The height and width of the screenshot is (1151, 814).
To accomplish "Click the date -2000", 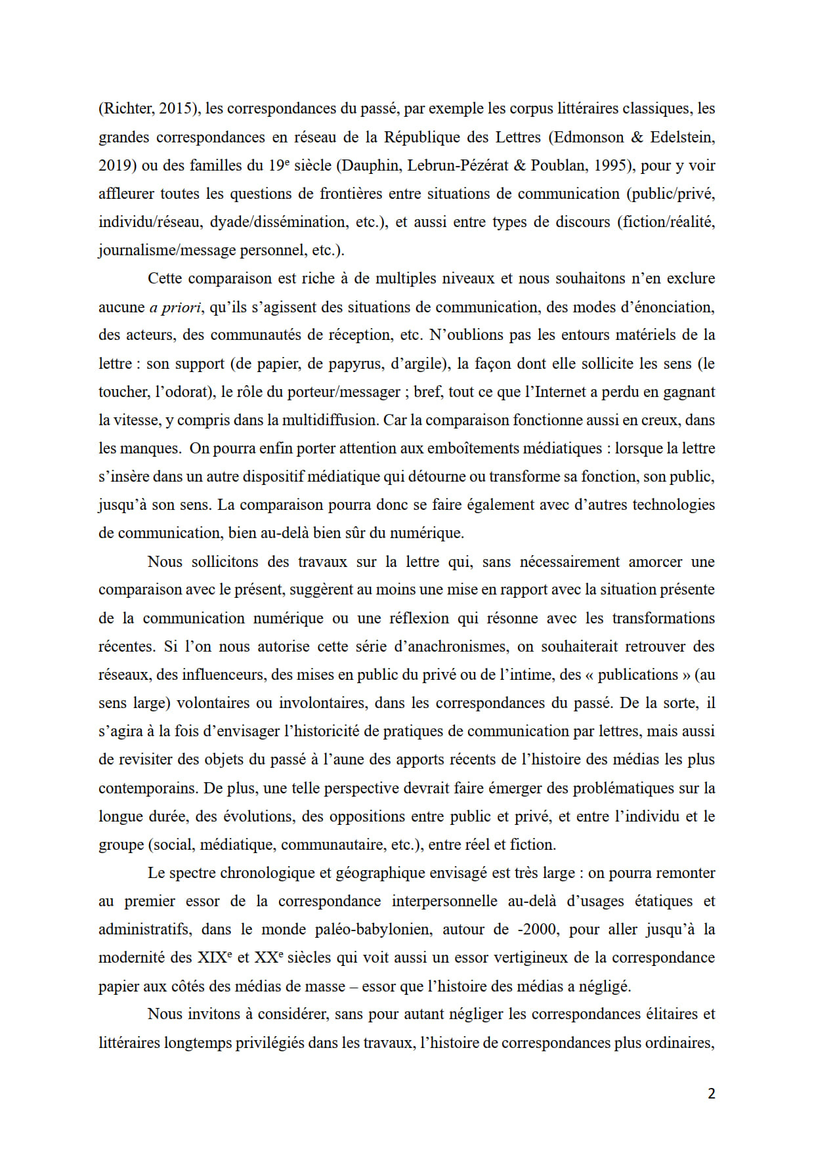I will pos(537,929).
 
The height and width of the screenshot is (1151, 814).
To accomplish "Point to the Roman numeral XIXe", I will pos(214,957).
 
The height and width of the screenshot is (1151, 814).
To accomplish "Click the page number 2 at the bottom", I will pos(712,1093).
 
